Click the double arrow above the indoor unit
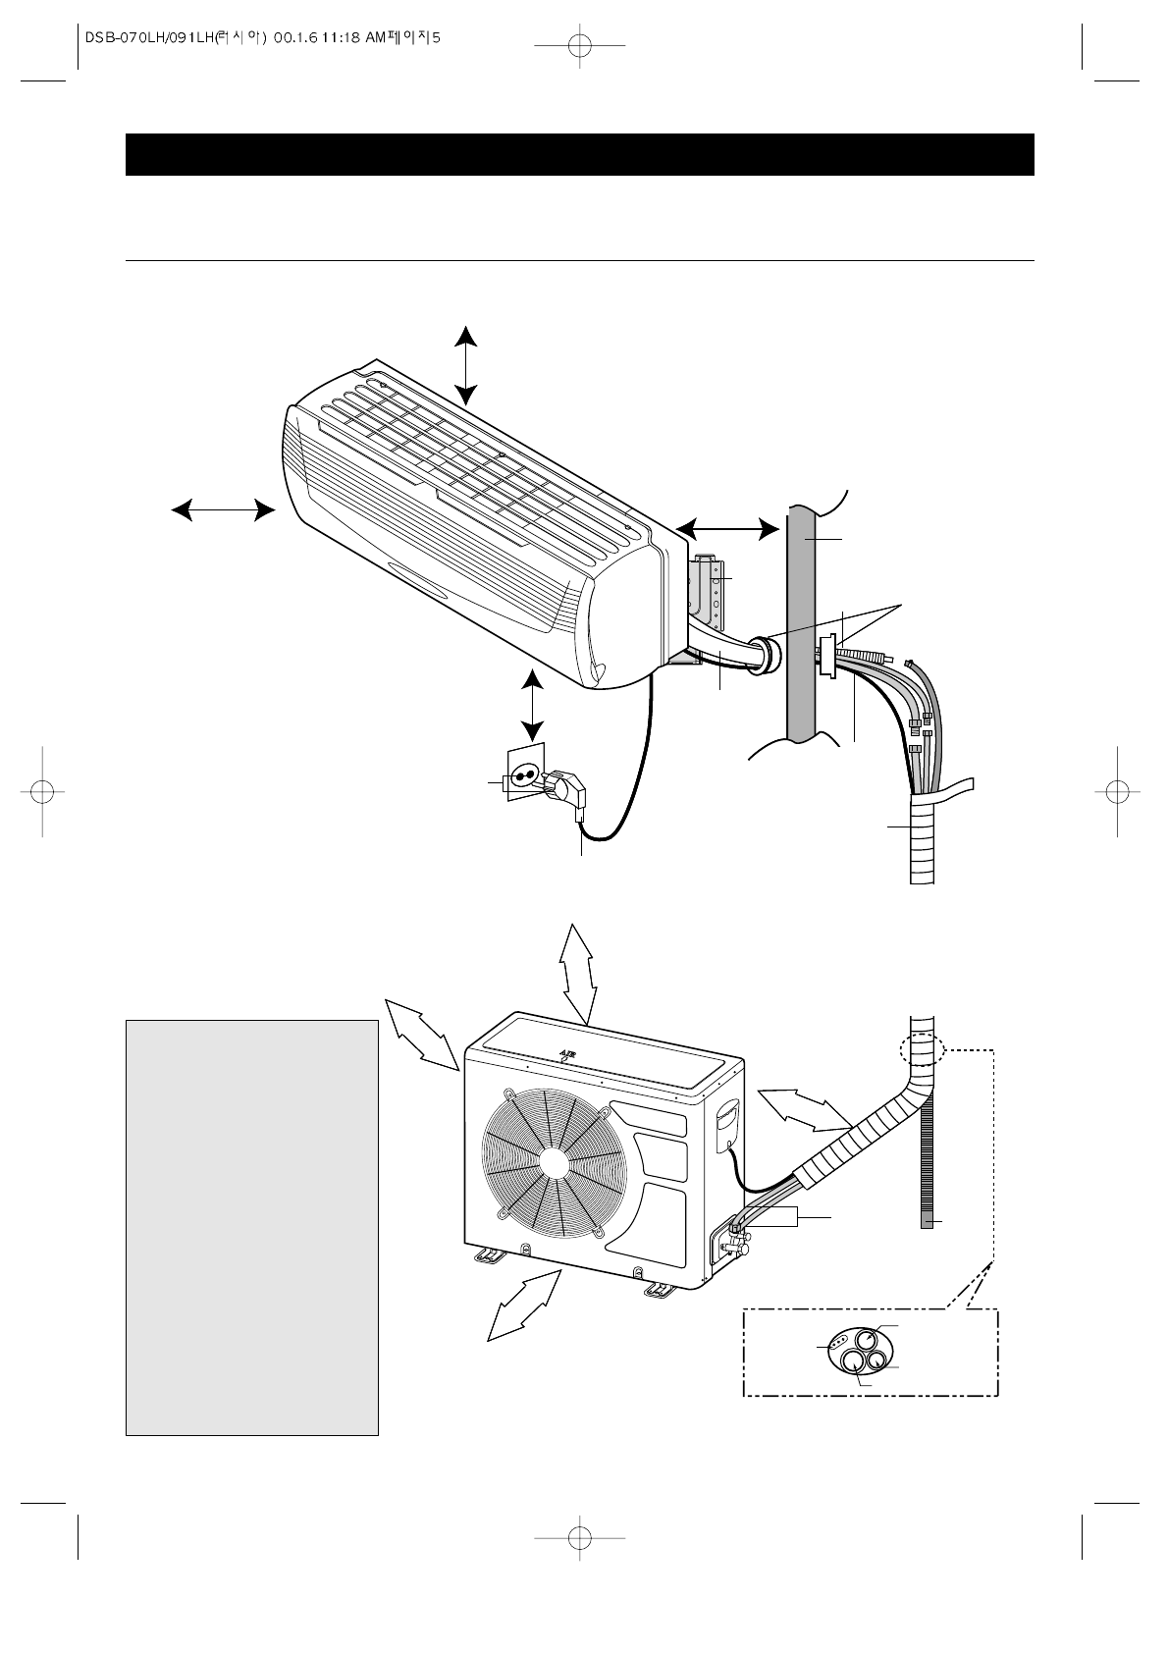pyautogui.click(x=466, y=365)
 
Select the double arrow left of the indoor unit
pyautogui.click(x=223, y=509)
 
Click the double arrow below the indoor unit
pyautogui.click(x=532, y=705)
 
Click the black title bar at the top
pyautogui.click(x=579, y=154)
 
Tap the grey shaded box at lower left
pyautogui.click(x=251, y=1227)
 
